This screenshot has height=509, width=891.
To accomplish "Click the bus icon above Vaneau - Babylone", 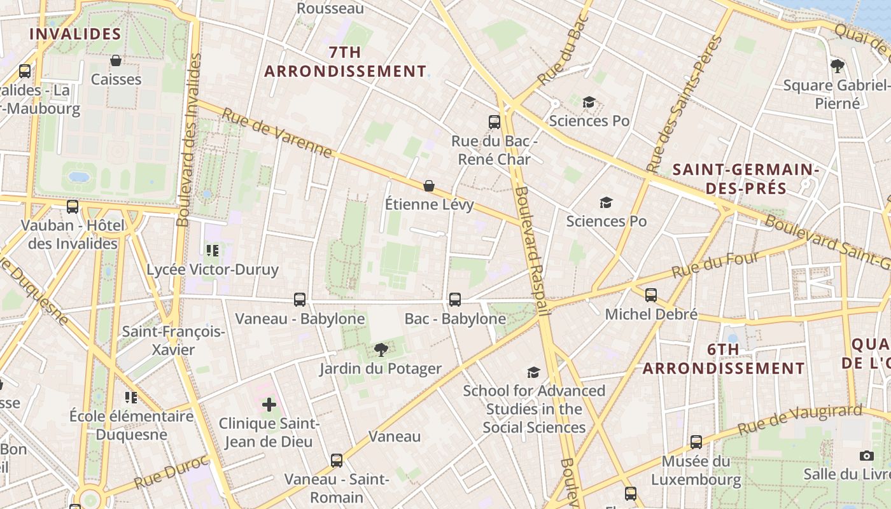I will point(300,299).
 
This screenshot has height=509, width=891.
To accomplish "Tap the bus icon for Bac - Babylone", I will point(455,299).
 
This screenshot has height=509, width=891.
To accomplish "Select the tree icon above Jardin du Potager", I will point(381,349).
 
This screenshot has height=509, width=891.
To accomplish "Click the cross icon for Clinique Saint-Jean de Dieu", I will point(269,404).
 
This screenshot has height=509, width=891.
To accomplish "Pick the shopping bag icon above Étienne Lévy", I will point(429,185).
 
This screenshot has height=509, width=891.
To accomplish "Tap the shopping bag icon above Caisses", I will point(116,60).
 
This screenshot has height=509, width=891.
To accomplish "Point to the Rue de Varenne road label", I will point(277,132).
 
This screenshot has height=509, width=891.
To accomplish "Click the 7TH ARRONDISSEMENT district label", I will point(345,62).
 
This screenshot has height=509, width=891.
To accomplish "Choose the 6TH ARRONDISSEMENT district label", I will point(724,359).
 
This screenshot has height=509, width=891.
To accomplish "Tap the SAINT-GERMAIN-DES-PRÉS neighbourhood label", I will point(745,179).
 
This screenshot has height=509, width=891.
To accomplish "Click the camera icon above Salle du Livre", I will point(866,456).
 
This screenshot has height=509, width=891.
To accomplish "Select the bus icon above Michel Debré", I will point(651,295).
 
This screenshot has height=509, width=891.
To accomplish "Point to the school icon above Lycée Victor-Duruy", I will point(213,250).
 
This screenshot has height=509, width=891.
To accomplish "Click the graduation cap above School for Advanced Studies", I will point(533,372).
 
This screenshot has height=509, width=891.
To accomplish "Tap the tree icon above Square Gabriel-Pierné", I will point(838,66).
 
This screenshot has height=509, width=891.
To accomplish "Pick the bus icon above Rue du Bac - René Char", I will point(495,122).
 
